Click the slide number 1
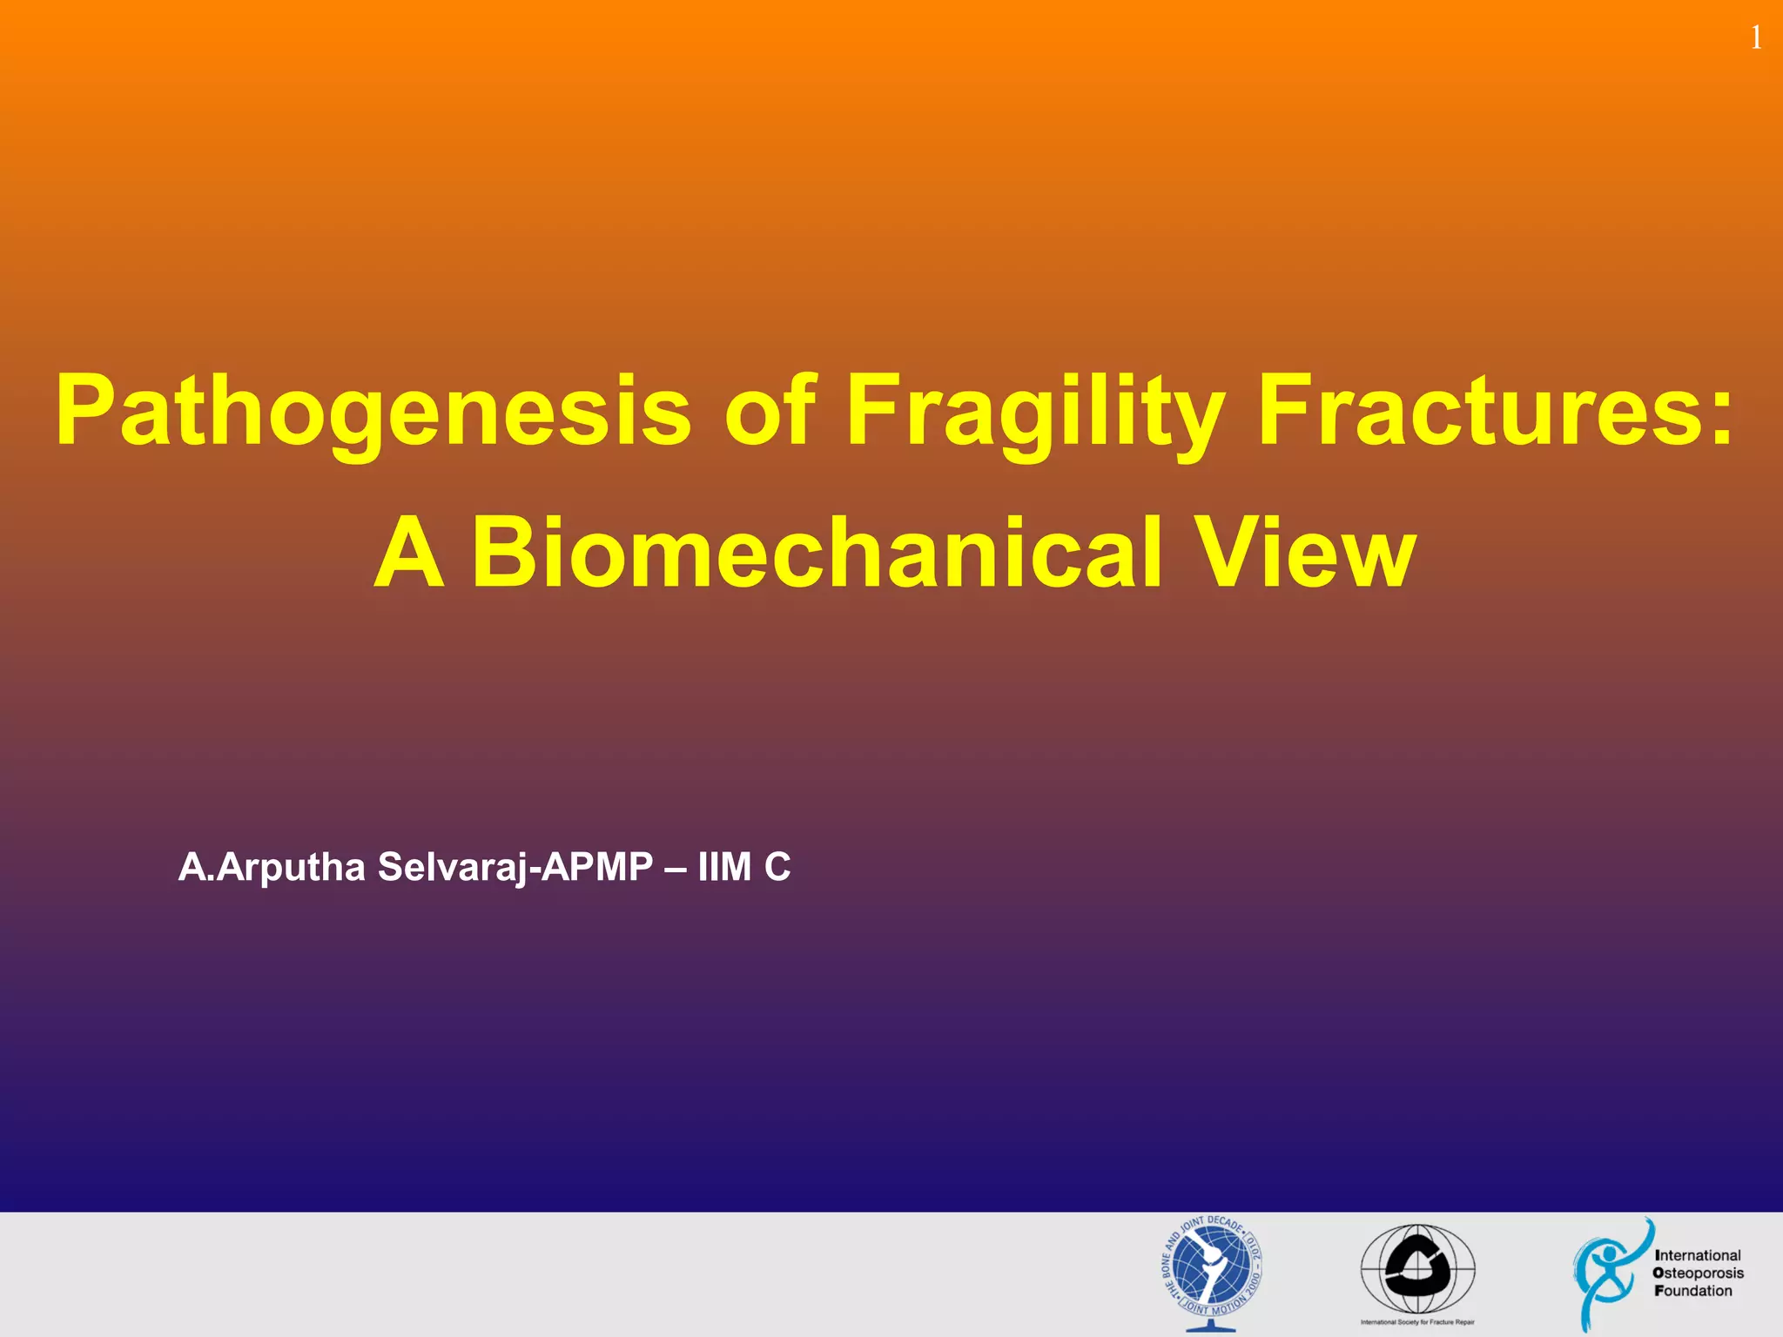[1756, 38]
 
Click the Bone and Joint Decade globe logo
[1212, 1271]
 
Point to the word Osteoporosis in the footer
[1698, 1273]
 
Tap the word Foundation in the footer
[1693, 1291]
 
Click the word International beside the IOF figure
[1698, 1255]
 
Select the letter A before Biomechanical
[409, 554]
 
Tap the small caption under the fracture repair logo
[1417, 1322]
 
